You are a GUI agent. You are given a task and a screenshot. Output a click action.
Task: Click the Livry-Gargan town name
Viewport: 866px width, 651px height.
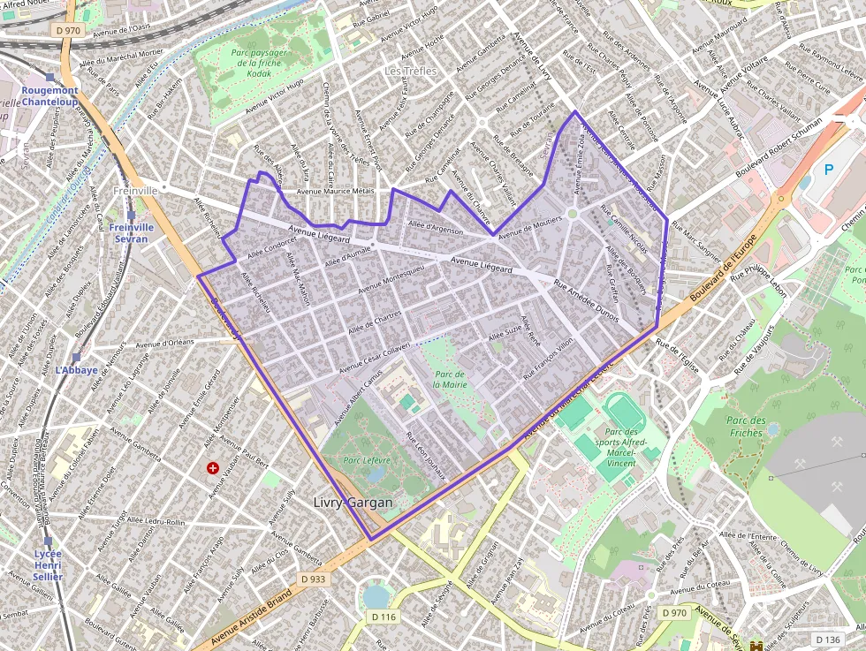pyautogui.click(x=353, y=502)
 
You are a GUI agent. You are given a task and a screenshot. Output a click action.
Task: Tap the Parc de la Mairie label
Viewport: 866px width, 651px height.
pyautogui.click(x=450, y=379)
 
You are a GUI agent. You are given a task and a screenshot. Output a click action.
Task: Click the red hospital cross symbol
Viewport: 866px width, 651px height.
pyautogui.click(x=212, y=467)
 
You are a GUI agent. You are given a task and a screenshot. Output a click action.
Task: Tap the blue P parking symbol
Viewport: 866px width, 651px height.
pyautogui.click(x=828, y=169)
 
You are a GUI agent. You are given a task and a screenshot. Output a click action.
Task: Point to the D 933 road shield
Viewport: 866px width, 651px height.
pyautogui.click(x=313, y=579)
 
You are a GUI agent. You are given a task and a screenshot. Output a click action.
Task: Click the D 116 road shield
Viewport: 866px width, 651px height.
pyautogui.click(x=383, y=617)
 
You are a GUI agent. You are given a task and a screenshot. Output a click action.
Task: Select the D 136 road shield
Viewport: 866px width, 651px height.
pyautogui.click(x=828, y=639)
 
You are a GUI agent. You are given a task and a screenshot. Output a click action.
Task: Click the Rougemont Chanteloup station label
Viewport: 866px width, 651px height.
pyautogui.click(x=49, y=95)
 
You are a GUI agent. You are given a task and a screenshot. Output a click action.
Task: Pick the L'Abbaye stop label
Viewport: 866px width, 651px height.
pyautogui.click(x=77, y=370)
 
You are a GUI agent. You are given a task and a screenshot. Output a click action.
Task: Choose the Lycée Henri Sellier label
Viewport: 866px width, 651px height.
pyautogui.click(x=48, y=564)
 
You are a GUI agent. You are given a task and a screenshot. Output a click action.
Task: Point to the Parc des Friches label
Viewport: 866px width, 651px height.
pyautogui.click(x=744, y=427)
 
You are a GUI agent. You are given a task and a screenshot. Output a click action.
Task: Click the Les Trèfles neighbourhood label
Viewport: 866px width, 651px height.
pyautogui.click(x=411, y=71)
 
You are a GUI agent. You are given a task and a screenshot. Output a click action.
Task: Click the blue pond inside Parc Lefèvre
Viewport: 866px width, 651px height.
pyautogui.click(x=376, y=474)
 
